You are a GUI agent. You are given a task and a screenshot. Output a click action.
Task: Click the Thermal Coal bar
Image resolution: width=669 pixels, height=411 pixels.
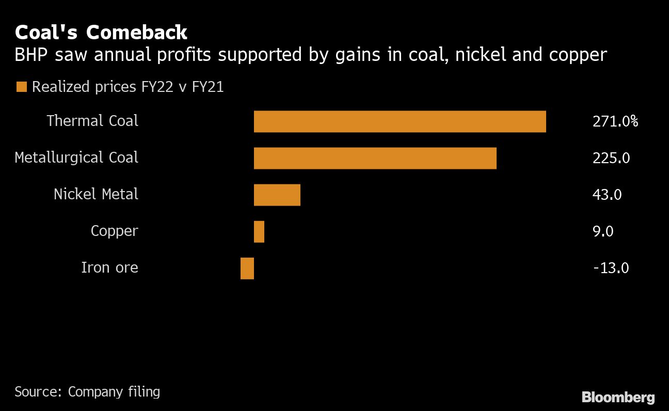pyautogui.click(x=400, y=121)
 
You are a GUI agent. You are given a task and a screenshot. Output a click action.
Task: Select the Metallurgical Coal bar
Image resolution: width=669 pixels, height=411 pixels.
pyautogui.click(x=375, y=158)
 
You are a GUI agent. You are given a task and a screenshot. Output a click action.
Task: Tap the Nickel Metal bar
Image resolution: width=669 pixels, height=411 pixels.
pyautogui.click(x=277, y=195)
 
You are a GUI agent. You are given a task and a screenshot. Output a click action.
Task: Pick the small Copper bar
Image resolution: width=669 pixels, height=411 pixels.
pyautogui.click(x=259, y=232)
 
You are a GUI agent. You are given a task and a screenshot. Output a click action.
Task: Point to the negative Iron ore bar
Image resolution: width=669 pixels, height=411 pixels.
pyautogui.click(x=247, y=268)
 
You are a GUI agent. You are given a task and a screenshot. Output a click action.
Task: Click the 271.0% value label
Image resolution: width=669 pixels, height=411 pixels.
pyautogui.click(x=615, y=122)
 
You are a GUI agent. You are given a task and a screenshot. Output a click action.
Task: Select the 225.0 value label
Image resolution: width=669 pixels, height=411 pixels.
pyautogui.click(x=611, y=159)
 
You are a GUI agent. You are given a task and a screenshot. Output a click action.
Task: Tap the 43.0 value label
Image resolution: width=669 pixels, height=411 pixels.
pyautogui.click(x=607, y=195)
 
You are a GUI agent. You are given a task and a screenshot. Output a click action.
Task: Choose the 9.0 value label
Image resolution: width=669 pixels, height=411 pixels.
pyautogui.click(x=603, y=232)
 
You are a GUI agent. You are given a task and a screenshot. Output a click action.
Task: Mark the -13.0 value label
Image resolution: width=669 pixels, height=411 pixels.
pyautogui.click(x=611, y=268)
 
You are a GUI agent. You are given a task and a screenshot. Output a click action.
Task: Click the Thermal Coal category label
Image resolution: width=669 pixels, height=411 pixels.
pyautogui.click(x=92, y=121)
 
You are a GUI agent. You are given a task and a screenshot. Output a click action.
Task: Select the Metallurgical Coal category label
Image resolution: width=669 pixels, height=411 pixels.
pyautogui.click(x=76, y=157)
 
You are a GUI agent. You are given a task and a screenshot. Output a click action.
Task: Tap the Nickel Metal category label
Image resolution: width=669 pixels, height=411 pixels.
pyautogui.click(x=96, y=194)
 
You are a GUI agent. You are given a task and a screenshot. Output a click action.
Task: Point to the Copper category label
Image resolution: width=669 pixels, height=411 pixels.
pyautogui.click(x=114, y=231)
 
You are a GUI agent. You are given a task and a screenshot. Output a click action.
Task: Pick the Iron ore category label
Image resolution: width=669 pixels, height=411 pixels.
pyautogui.click(x=109, y=267)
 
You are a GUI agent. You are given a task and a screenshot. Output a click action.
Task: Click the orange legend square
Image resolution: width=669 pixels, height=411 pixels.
pyautogui.click(x=21, y=87)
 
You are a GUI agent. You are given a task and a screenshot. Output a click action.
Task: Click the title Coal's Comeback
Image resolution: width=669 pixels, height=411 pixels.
pyautogui.click(x=101, y=33)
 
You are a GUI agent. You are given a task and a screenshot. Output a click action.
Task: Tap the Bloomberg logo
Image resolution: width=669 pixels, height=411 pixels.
pyautogui.click(x=618, y=397)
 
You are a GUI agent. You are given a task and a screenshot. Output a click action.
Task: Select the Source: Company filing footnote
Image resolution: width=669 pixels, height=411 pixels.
pyautogui.click(x=87, y=392)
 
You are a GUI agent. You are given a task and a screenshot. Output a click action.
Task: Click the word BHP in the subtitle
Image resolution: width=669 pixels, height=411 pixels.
pyautogui.click(x=30, y=55)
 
